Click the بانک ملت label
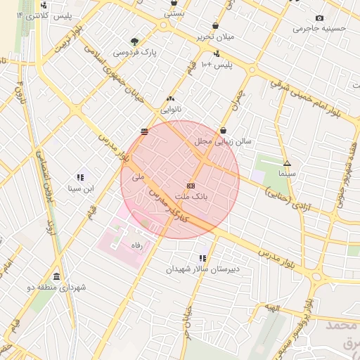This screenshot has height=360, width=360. coord(192,199)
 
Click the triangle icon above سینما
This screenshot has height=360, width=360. coord(287,163)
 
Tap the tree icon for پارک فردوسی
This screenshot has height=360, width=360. coord(134,41)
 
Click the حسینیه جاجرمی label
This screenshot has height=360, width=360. coord(320,29)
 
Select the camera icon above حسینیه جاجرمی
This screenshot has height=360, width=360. coord(320,18)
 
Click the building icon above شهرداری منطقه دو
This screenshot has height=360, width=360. coord(56,276)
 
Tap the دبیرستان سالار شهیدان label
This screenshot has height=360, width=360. coord(203,269)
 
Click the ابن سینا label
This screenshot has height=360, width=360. coord(80,188)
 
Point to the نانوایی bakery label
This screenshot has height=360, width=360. coord(171,110)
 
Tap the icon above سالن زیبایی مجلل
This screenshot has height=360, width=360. coord(224,130)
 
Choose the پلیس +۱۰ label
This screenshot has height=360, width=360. coord(214,65)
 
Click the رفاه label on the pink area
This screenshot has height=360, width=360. coord(137,245)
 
